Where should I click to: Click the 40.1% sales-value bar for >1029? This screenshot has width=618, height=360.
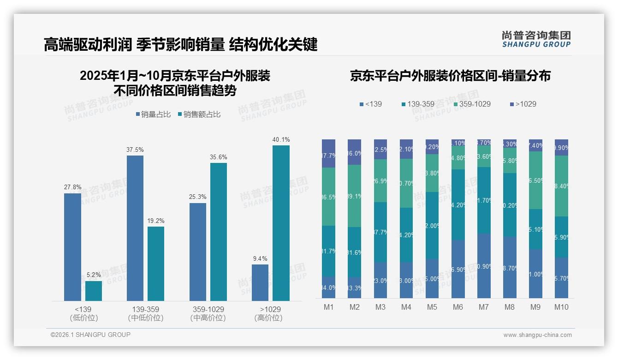281,223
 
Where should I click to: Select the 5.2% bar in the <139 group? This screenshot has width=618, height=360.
94,291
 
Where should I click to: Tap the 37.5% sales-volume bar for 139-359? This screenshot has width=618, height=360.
135,228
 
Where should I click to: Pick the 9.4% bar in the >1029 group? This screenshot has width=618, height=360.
260,282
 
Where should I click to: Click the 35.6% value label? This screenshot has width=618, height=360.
219,157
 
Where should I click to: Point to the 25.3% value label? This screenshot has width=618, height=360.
197,197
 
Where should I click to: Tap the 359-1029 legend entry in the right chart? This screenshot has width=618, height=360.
471,104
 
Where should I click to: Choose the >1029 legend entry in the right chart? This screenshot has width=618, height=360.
523,104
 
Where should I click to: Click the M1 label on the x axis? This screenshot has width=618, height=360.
329,307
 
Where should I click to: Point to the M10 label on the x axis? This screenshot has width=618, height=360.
561,307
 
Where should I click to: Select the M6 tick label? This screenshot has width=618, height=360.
458,307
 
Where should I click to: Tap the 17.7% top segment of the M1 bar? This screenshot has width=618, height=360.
329,153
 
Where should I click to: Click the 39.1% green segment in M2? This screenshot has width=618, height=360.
355,196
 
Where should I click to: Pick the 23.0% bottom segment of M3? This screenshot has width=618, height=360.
380,280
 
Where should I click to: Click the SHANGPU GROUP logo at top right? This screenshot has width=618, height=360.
536,39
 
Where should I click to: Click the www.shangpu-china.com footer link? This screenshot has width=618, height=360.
537,335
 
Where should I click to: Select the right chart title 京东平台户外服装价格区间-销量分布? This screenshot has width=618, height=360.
450,76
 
